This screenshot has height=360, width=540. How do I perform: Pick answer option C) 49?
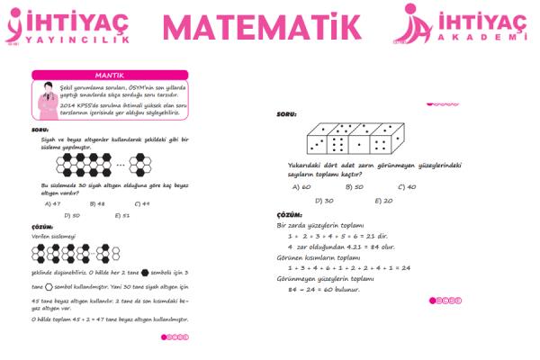tap(139, 203)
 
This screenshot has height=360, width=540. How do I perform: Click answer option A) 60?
tap(301, 187)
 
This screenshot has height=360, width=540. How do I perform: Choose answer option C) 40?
tap(406, 187)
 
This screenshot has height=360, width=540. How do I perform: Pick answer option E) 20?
tap(382, 200)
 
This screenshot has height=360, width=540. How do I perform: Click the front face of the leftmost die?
tap(318, 145)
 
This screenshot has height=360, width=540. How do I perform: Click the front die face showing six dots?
tap(339, 145)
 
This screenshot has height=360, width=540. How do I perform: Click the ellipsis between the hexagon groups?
tap(121, 165)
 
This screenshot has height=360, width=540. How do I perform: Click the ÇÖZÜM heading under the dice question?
tap(290, 216)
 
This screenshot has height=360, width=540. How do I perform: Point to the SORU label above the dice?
tap(287, 116)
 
